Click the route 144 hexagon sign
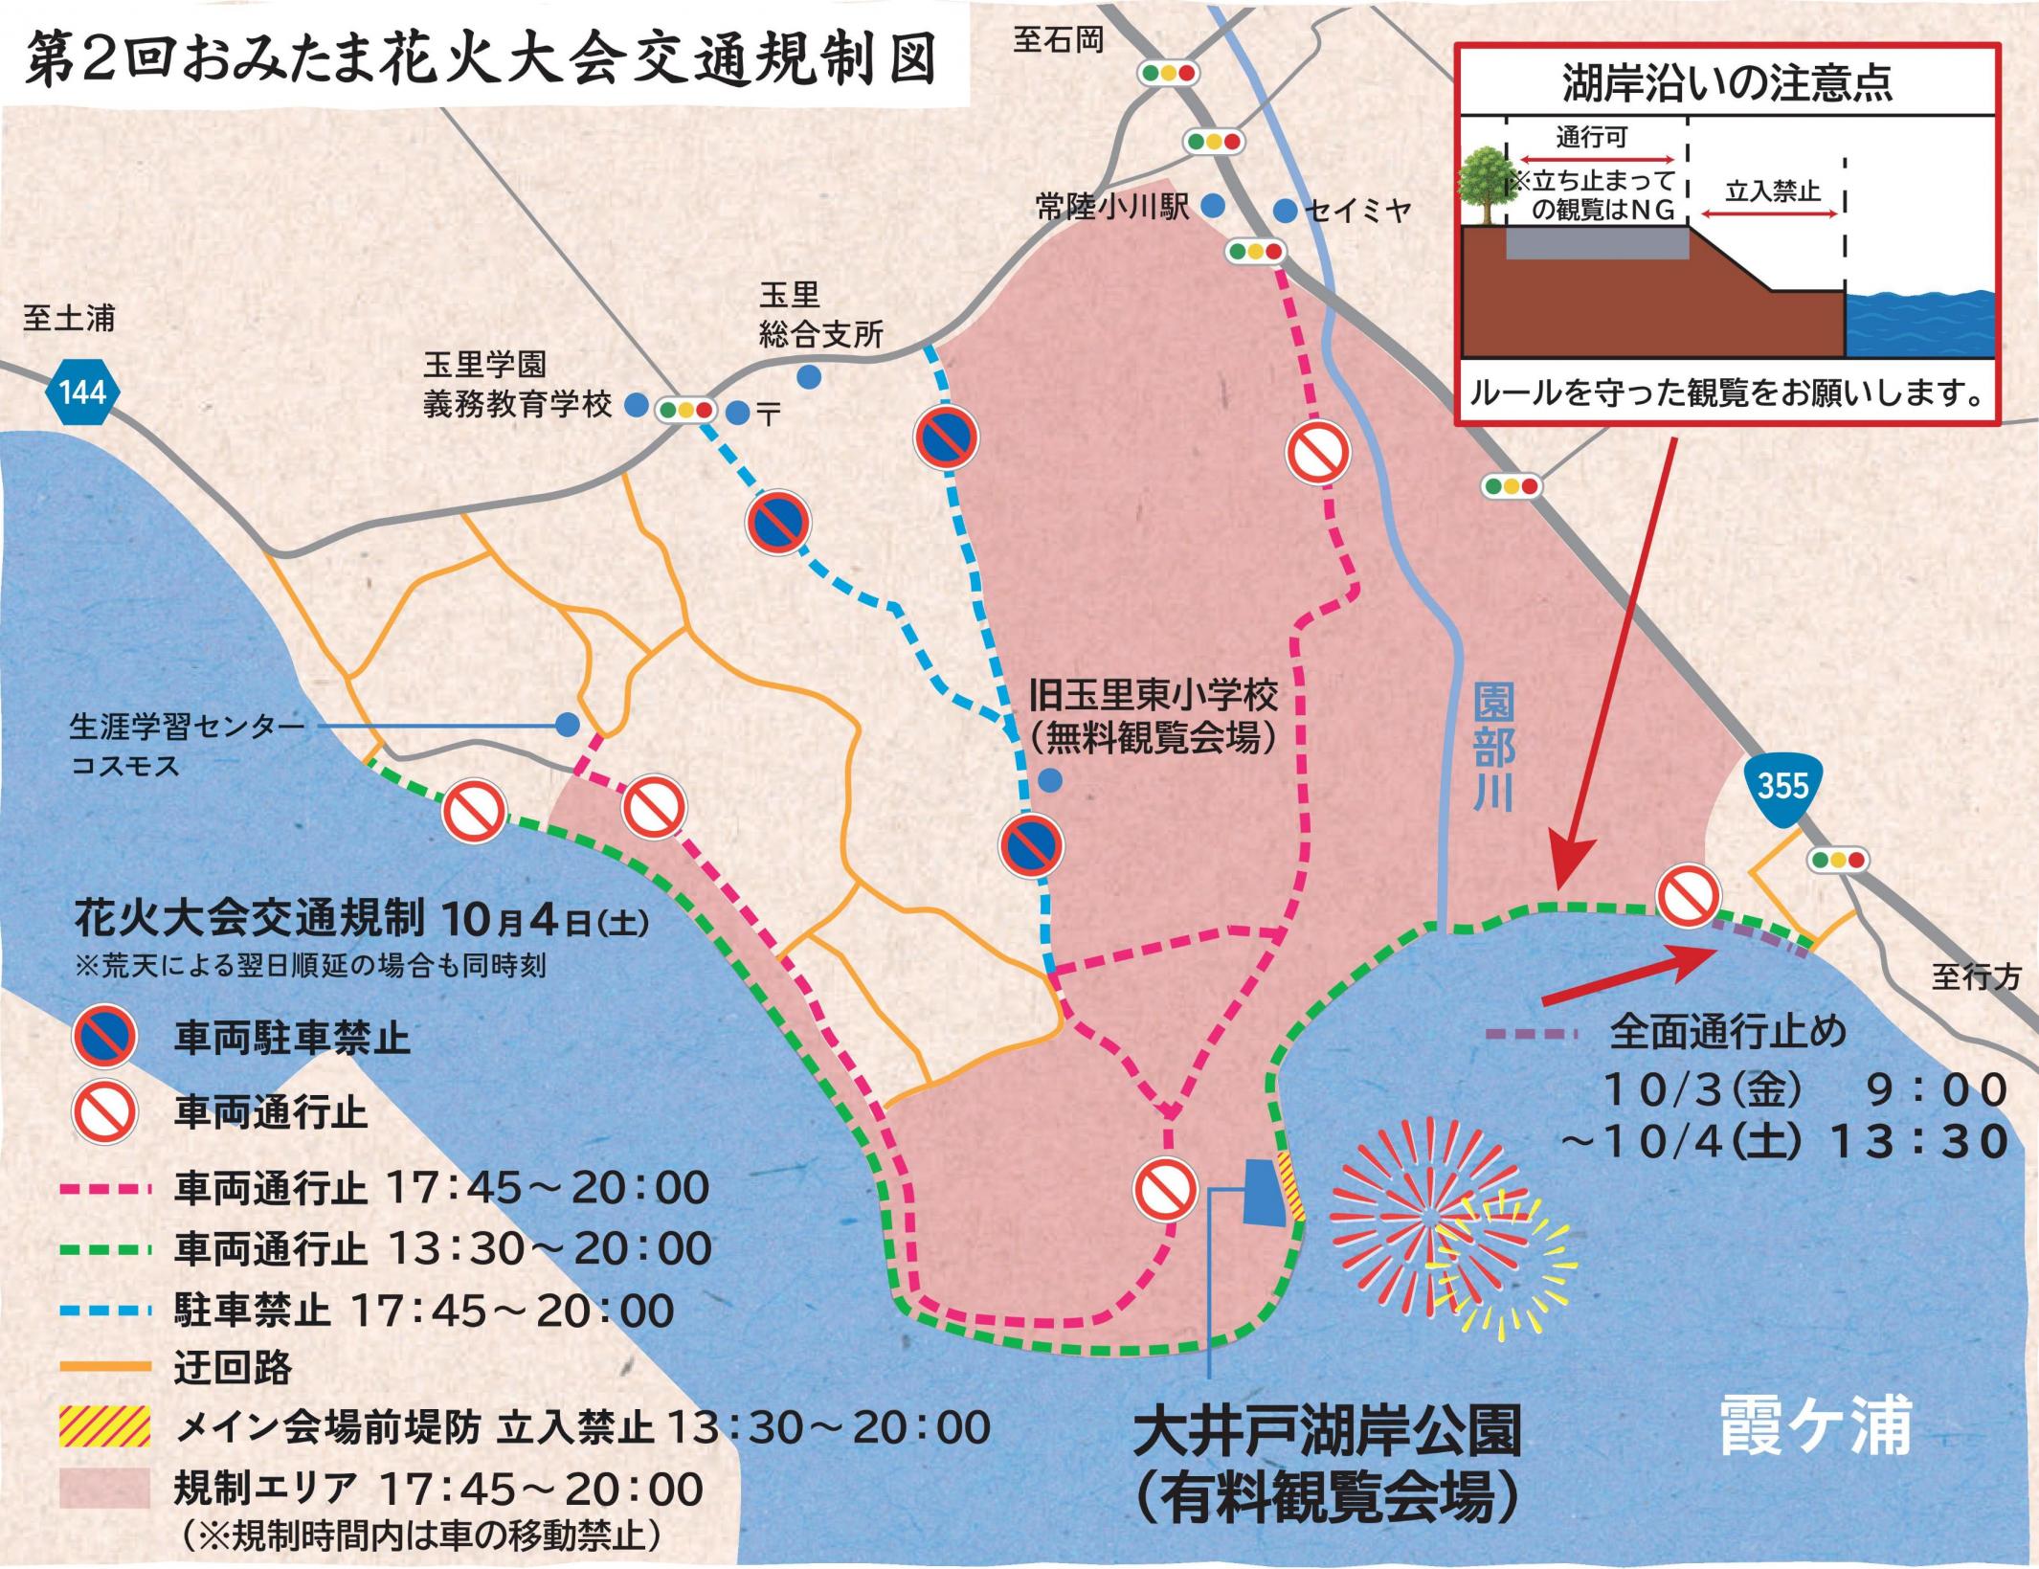tap(83, 392)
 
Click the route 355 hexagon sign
tap(1782, 788)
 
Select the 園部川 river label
tap(1492, 746)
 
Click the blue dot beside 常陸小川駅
tap(1213, 205)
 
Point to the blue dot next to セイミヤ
tap(1284, 210)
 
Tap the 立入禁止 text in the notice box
tap(1772, 191)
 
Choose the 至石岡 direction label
tap(1058, 40)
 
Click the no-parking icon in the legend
tap(104, 1038)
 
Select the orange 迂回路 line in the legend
tap(104, 1366)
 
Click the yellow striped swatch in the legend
tap(104, 1425)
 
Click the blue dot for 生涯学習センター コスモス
tap(569, 725)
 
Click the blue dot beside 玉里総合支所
tap(809, 377)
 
